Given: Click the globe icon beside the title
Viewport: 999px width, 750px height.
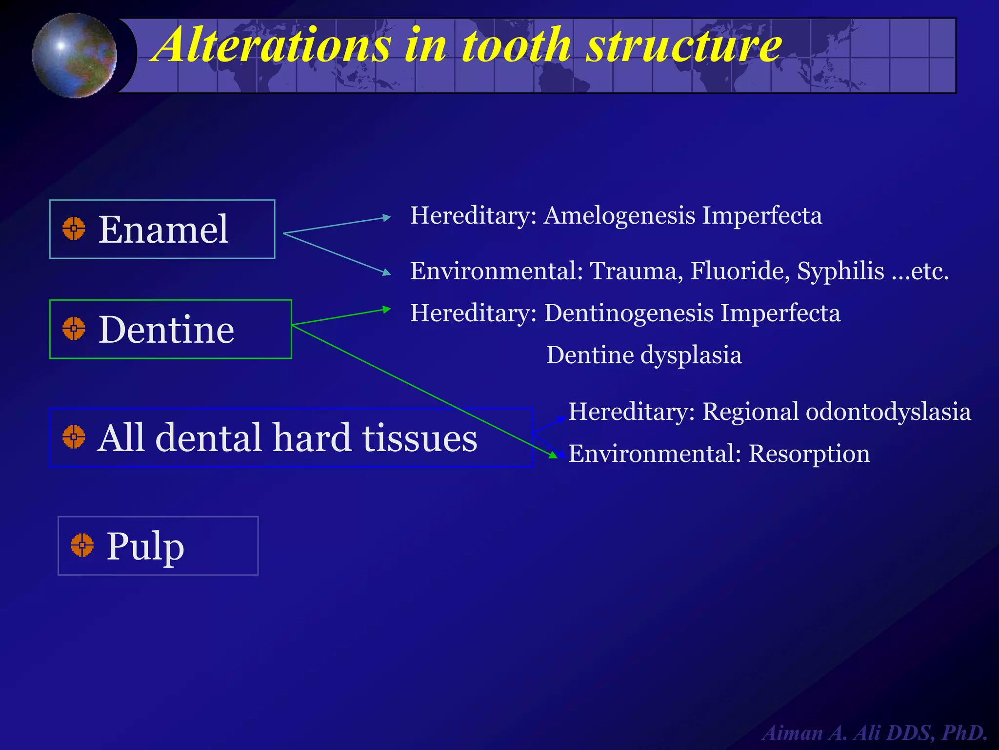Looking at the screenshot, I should pyautogui.click(x=74, y=56).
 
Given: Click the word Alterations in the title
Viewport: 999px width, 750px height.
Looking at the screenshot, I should pyautogui.click(x=273, y=45).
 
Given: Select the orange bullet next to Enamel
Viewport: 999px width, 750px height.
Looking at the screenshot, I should pyautogui.click(x=74, y=229).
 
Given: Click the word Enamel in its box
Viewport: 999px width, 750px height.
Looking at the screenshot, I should pyautogui.click(x=163, y=229).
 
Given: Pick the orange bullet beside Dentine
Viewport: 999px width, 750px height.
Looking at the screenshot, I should pyautogui.click(x=74, y=329).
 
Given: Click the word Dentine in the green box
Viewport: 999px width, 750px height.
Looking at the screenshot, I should pyautogui.click(x=166, y=330).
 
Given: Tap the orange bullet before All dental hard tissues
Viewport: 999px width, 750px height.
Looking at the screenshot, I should pyautogui.click(x=74, y=437).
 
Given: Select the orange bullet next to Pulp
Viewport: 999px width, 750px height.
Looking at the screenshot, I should pyautogui.click(x=82, y=545).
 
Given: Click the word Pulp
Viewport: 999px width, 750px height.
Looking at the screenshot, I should pyautogui.click(x=145, y=546).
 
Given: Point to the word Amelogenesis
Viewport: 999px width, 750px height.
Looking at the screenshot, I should pyautogui.click(x=619, y=215).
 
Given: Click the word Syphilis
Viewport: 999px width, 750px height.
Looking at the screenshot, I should pyautogui.click(x=840, y=271).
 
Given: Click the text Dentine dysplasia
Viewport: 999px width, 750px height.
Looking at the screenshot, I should pyautogui.click(x=644, y=355).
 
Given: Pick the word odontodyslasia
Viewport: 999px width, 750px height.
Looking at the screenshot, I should pyautogui.click(x=888, y=412).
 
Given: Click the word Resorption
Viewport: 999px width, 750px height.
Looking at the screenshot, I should pyautogui.click(x=809, y=454).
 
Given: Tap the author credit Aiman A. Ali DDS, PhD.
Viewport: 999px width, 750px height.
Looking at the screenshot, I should pyautogui.click(x=875, y=733).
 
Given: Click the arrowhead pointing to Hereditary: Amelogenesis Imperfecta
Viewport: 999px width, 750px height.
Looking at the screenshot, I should pyautogui.click(x=387, y=217).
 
